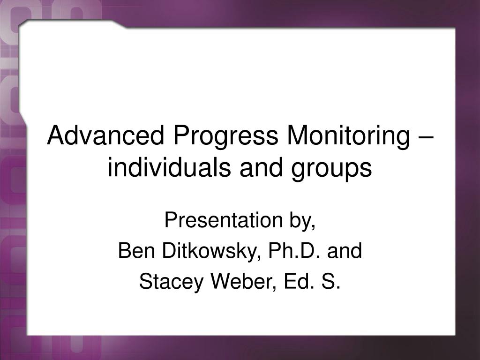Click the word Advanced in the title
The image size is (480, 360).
point(105,135)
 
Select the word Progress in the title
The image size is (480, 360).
point(225,138)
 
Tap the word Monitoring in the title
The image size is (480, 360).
point(348,138)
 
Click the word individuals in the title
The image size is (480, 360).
point(169,167)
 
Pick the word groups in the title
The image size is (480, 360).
point(331,170)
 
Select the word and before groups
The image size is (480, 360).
point(261,167)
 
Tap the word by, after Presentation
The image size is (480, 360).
point(303,221)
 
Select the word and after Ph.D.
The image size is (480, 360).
point(345,250)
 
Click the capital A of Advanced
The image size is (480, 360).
point(56,135)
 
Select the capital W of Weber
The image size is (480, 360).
point(222,281)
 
